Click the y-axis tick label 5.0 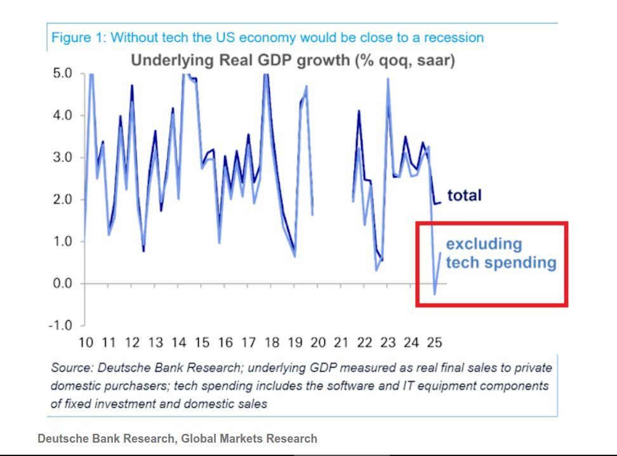pyautogui.click(x=62, y=74)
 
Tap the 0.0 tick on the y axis pyautogui.click(x=62, y=283)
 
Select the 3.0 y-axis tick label pyautogui.click(x=62, y=158)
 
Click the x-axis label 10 pyautogui.click(x=85, y=343)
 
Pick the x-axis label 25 pyautogui.click(x=434, y=343)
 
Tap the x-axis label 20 pyautogui.click(x=318, y=343)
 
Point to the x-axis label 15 pyautogui.click(x=202, y=343)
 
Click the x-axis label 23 pyautogui.click(x=388, y=343)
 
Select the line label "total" pyautogui.click(x=465, y=195)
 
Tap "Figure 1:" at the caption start pyautogui.click(x=78, y=37)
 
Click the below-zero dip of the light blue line pyautogui.click(x=435, y=293)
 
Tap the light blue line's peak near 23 pyautogui.click(x=387, y=79)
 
